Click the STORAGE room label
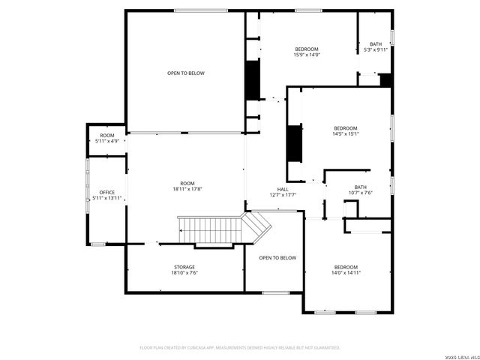pyautogui.click(x=184, y=267)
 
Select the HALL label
pyautogui.click(x=283, y=189)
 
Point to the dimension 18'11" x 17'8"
pyautogui.click(x=187, y=189)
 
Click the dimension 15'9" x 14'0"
pyautogui.click(x=306, y=54)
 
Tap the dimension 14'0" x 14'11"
pyautogui.click(x=346, y=273)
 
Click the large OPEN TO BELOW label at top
pyautogui.click(x=185, y=73)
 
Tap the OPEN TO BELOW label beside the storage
pyautogui.click(x=277, y=258)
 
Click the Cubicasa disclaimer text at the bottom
pyautogui.click(x=240, y=347)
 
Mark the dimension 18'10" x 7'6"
pyautogui.click(x=184, y=273)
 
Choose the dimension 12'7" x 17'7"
pyautogui.click(x=283, y=195)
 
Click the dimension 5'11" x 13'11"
pyautogui.click(x=106, y=198)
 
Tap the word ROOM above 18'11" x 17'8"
pyautogui.click(x=187, y=184)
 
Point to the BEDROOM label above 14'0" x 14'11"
pyautogui.click(x=346, y=268)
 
